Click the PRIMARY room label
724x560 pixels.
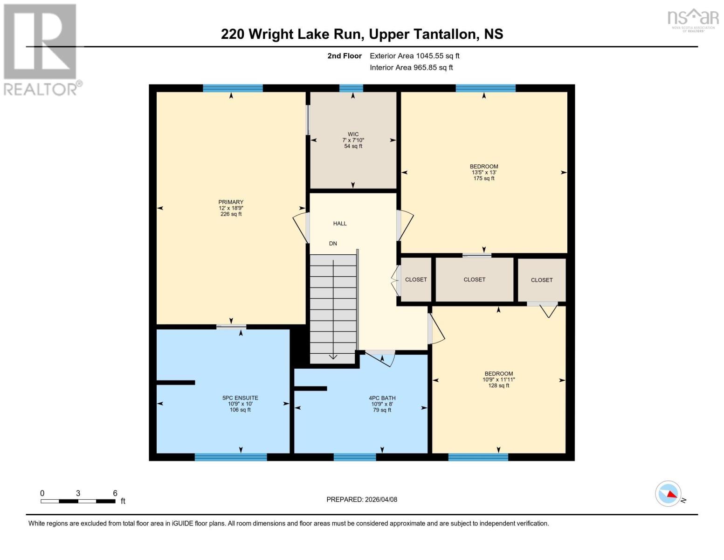[x=231, y=202]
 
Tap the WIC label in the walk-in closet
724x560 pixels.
[x=353, y=134]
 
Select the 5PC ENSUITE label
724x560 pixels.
[x=240, y=398]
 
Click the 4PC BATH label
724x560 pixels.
[x=382, y=398]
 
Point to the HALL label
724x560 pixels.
[x=340, y=224]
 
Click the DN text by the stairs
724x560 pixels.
[x=333, y=244]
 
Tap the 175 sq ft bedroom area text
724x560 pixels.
[x=484, y=178]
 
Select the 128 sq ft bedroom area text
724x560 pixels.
[x=498, y=385]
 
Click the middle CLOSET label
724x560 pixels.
[x=474, y=280]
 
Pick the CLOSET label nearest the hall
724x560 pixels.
[x=416, y=280]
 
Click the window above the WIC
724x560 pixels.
[x=351, y=88]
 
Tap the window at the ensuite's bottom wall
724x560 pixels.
[x=231, y=457]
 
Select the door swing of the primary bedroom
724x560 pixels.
[x=301, y=228]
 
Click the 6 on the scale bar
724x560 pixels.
[x=115, y=493]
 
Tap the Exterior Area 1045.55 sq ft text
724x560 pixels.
[x=414, y=56]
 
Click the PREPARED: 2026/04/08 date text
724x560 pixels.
[x=362, y=499]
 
